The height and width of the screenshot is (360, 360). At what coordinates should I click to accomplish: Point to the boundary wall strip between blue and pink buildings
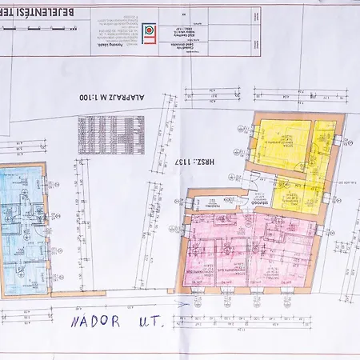coord(112,293)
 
